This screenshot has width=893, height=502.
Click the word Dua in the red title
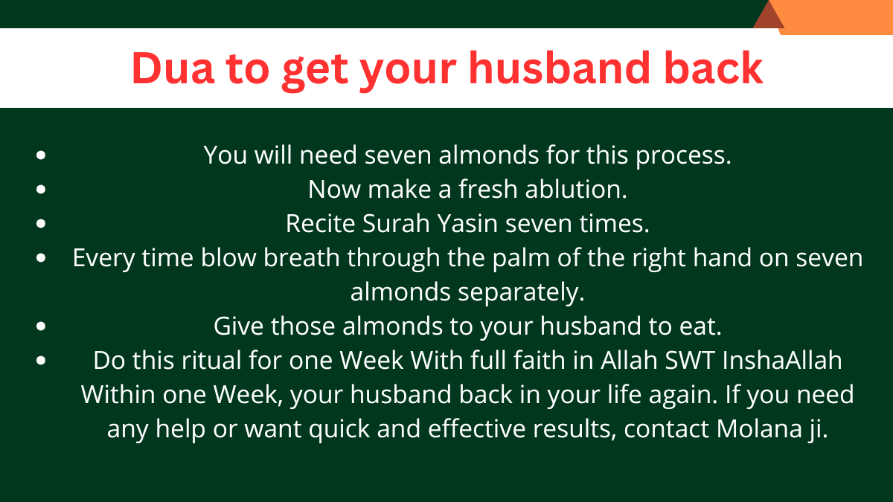[x=173, y=68]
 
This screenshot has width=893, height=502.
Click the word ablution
[x=576, y=189]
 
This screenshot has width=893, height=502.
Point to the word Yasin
[x=467, y=224]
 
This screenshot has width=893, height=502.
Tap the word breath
[x=301, y=257]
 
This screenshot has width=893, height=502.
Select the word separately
[x=521, y=293]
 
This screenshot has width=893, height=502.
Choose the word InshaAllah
[x=782, y=361]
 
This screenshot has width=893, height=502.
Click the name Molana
[x=759, y=429]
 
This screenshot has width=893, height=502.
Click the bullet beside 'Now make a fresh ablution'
[x=41, y=189]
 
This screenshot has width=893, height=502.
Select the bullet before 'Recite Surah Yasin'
[x=41, y=224]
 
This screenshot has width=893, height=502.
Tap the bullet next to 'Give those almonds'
[x=41, y=326]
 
